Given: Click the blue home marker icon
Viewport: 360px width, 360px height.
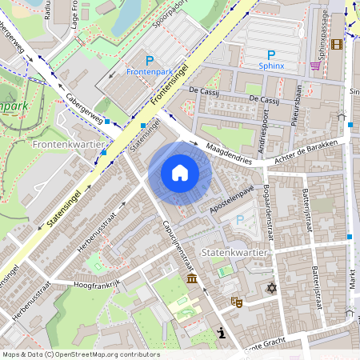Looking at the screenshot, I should click(180, 173).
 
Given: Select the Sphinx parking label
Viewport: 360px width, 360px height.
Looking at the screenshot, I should click(271, 59).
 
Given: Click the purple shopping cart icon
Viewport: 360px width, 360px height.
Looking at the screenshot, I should click(315, 65).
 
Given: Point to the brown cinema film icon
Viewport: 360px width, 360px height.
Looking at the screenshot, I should click(336, 45).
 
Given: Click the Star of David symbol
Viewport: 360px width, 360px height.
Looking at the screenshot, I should click(271, 287).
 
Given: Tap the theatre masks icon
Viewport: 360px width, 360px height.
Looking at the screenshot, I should click(237, 302).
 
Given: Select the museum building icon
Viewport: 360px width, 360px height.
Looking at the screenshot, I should click(192, 278).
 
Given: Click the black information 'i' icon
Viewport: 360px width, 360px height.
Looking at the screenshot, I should click(221, 333).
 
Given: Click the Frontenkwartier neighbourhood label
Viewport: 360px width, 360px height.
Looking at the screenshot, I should click(70, 144).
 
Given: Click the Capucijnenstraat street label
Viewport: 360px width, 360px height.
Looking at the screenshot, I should click(178, 245).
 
